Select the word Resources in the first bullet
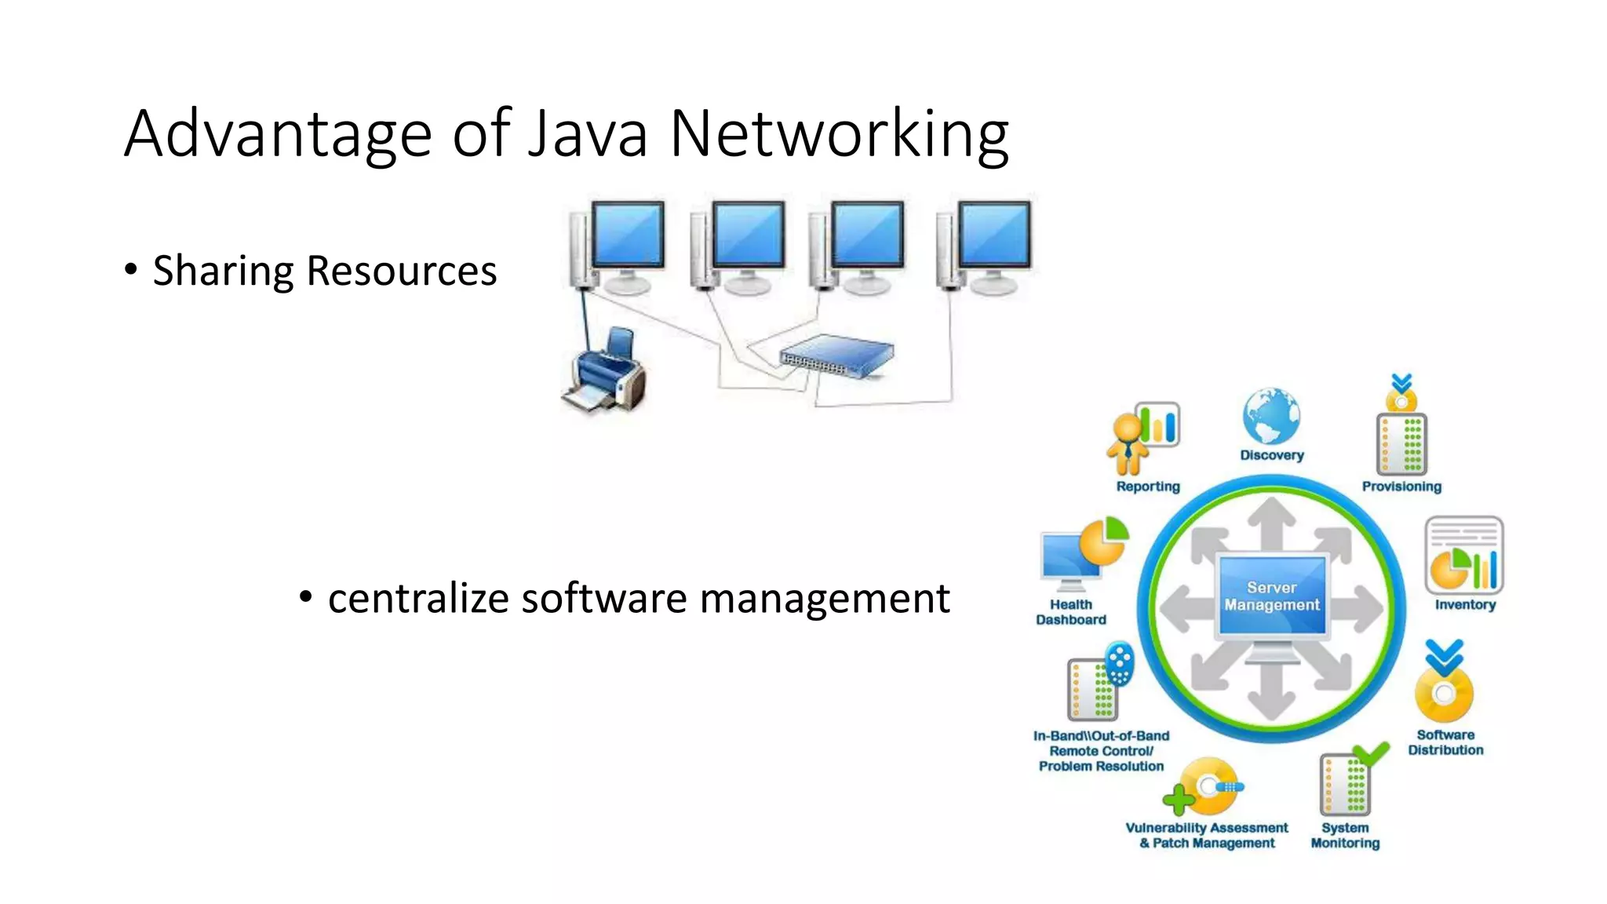click(401, 272)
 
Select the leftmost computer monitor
click(627, 235)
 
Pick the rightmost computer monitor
click(994, 235)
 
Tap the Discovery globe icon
click(1271, 416)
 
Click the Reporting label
click(1148, 487)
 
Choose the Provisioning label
click(1401, 487)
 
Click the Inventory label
click(1465, 605)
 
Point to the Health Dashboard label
click(1071, 612)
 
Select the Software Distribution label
click(1445, 742)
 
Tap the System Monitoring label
click(1345, 836)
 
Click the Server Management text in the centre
click(1272, 596)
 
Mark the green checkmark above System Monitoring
click(1372, 753)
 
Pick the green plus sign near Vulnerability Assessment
click(1177, 800)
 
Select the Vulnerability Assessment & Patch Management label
click(1207, 836)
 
